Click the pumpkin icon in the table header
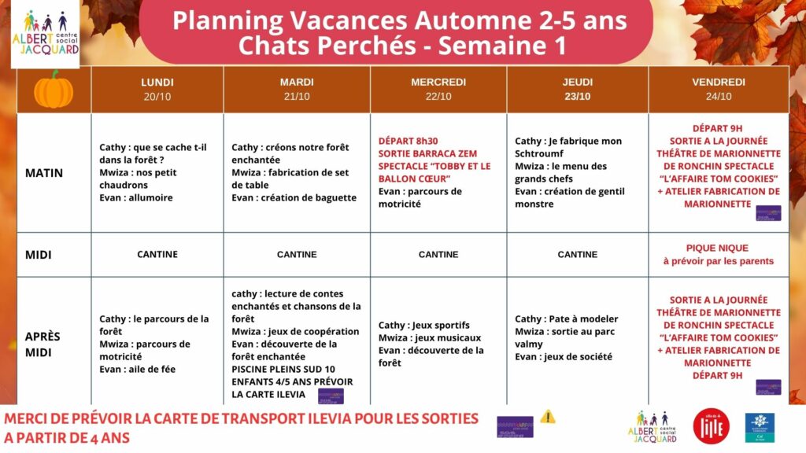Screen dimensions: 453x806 click(x=54, y=89)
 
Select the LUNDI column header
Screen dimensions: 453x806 click(x=157, y=82)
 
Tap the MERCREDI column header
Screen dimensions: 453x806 click(x=438, y=82)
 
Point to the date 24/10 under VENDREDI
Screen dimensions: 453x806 click(x=718, y=97)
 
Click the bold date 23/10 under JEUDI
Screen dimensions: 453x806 click(x=577, y=97)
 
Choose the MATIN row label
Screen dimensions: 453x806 click(x=44, y=172)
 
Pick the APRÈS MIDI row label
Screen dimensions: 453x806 click(x=43, y=344)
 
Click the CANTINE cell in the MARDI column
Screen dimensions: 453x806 click(x=297, y=254)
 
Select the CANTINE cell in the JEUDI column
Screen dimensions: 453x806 click(x=577, y=254)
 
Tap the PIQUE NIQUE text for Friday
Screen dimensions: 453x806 click(x=718, y=248)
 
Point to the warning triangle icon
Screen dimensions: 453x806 click(x=548, y=417)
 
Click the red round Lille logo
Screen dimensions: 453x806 click(x=711, y=425)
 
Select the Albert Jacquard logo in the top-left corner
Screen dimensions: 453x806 click(x=45, y=33)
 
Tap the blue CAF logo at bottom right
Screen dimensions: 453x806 click(x=760, y=426)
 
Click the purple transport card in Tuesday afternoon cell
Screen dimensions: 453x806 click(x=331, y=395)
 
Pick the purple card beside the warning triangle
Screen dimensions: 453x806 click(x=515, y=425)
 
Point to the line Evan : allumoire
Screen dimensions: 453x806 click(x=135, y=197)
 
